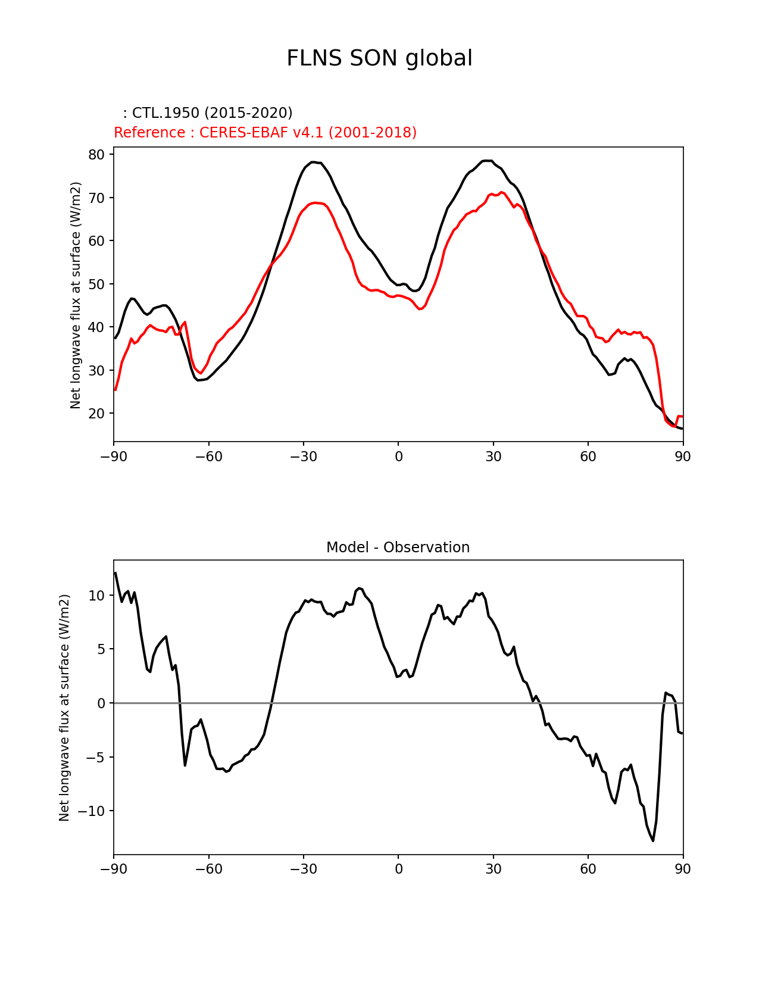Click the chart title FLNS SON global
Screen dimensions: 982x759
tap(379, 59)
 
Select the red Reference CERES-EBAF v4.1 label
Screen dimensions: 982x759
tap(265, 133)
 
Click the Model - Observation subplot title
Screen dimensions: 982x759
tap(398, 548)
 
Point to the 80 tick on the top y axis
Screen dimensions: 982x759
tap(96, 155)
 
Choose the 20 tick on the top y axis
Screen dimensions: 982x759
tap(96, 414)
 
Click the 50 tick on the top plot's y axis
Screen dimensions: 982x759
tap(96, 284)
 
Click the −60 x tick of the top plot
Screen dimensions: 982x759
tap(208, 456)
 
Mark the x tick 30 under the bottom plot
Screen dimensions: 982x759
tap(493, 870)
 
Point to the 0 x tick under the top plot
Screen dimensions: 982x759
tap(398, 456)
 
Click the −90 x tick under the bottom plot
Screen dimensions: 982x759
tap(114, 870)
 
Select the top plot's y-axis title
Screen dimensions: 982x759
tap(76, 295)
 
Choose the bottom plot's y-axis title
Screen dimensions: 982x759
tap(64, 708)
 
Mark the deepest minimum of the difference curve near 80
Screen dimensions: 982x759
tap(653, 840)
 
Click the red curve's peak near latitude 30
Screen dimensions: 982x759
tap(501, 192)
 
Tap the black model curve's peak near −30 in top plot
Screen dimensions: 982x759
tap(313, 162)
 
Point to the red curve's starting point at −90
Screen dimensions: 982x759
tap(115, 390)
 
